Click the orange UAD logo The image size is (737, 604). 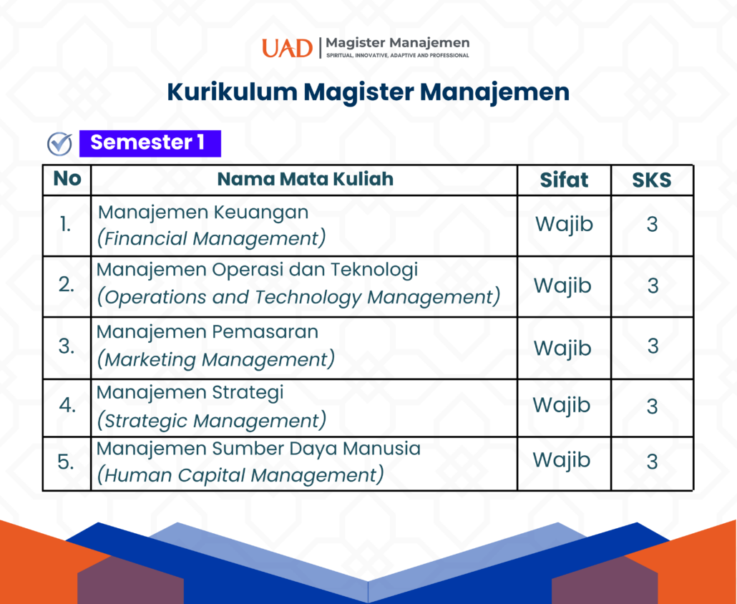click(287, 48)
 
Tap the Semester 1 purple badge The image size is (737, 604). click(150, 143)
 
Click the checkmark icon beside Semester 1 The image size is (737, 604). click(59, 144)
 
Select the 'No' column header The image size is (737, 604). click(67, 179)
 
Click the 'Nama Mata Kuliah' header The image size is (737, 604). click(305, 179)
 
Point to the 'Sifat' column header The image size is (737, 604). click(564, 180)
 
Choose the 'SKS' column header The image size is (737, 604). click(651, 180)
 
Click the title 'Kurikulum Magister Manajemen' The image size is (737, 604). click(368, 92)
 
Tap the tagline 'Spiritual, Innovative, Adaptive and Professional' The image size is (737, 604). click(398, 56)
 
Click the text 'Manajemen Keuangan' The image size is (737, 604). click(203, 213)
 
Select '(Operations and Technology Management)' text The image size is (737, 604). click(298, 297)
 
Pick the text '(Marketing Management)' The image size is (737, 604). click(216, 359)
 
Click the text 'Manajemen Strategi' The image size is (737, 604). click(190, 392)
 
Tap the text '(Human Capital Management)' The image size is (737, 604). click(240, 474)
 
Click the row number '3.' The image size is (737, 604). click(67, 346)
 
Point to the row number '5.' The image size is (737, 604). click(66, 462)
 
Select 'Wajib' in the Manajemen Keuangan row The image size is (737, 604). click(564, 225)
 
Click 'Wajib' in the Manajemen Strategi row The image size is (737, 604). click(561, 406)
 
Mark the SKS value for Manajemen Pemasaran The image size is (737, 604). click(653, 346)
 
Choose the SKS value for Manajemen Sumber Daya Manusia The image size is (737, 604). click(652, 462)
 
